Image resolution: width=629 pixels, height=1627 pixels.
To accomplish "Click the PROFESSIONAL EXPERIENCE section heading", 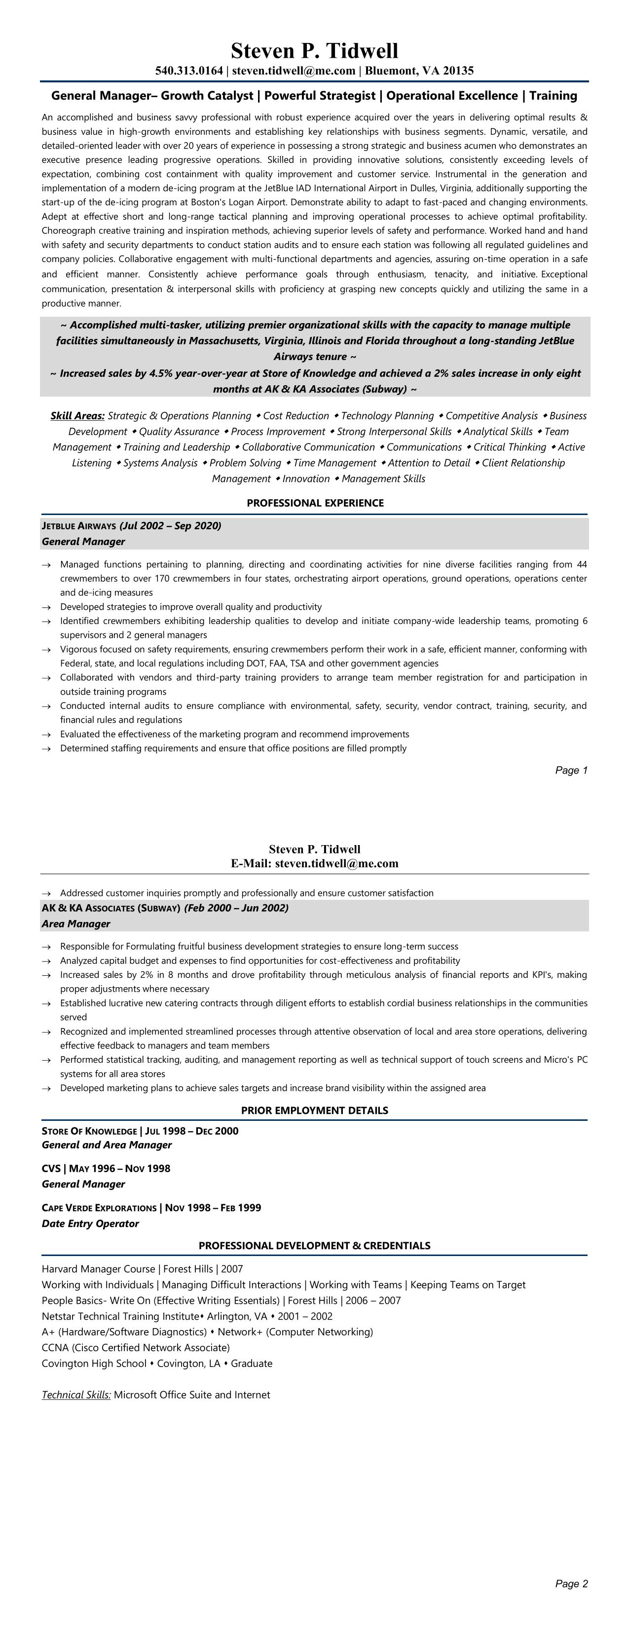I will tap(315, 503).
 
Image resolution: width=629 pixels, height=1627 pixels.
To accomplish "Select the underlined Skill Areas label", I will tap(77, 415).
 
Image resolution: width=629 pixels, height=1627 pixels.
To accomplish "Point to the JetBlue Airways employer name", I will tap(79, 525).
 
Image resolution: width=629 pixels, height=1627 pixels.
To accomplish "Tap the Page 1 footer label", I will tap(571, 770).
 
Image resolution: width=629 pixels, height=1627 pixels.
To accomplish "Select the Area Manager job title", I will tap(76, 924).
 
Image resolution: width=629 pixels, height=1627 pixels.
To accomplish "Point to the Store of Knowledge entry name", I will tap(89, 1131).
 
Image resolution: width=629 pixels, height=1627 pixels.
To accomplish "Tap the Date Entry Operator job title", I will tap(90, 1223).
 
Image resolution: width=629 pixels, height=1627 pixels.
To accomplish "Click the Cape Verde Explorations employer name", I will tap(99, 1208).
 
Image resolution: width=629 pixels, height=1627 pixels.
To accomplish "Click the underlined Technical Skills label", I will tap(76, 1395).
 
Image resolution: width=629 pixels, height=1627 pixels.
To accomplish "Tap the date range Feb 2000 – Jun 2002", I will tap(236, 908).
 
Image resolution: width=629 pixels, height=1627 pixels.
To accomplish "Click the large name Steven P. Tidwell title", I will tap(315, 50).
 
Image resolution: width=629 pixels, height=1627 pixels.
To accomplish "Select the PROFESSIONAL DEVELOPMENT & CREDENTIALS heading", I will tap(315, 1246).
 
